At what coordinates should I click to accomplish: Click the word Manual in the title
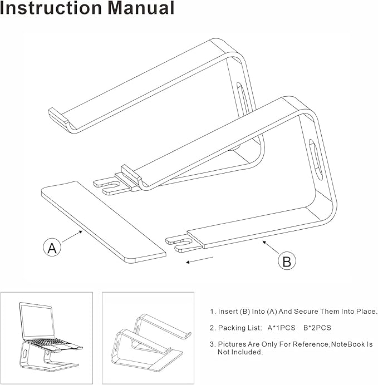coord(139,8)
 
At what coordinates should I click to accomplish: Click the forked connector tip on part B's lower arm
coord(177,243)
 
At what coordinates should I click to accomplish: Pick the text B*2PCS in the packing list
coord(318,328)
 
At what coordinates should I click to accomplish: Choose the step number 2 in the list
coord(212,328)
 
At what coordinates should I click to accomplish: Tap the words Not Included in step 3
coord(240,352)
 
